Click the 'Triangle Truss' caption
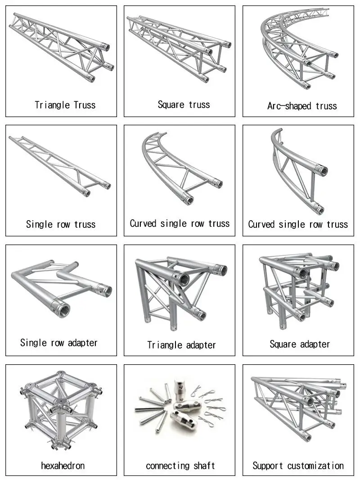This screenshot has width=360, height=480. coord(65,105)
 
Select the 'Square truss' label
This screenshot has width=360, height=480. coord(184,104)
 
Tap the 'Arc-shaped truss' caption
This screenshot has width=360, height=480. coord(302,106)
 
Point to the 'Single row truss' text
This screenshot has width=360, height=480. coord(61,224)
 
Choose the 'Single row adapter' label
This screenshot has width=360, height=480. coord(59,343)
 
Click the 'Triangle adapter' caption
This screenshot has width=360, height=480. coord(181,345)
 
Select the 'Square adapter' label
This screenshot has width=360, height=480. coord(300,344)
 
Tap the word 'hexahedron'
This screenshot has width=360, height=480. coord(63,465)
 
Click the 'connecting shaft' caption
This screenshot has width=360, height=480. coord(180,466)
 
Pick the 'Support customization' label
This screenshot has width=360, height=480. coord(298,466)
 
